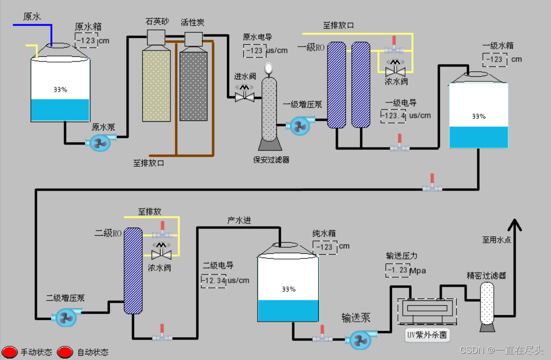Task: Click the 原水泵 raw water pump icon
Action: pyautogui.click(x=100, y=143)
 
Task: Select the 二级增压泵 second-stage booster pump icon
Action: pyautogui.click(x=65, y=318)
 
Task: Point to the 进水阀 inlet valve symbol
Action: pyautogui.click(x=245, y=97)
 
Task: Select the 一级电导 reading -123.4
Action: pyautogui.click(x=393, y=115)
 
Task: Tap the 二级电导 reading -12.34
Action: pyautogui.click(x=214, y=280)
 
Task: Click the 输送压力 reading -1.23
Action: pyautogui.click(x=397, y=270)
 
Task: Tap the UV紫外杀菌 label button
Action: pyautogui.click(x=427, y=335)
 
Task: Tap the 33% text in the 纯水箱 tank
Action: pyautogui.click(x=288, y=289)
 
